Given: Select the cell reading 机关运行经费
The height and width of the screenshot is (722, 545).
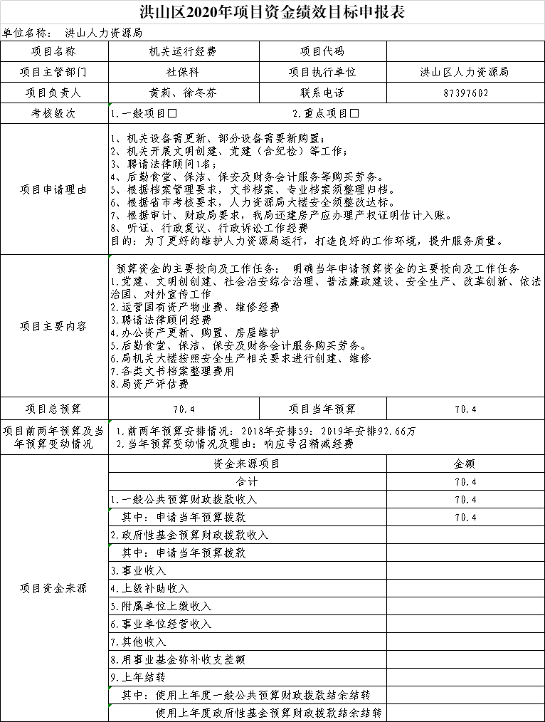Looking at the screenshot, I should point(184,52).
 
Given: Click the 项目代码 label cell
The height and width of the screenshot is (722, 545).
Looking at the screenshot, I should point(322,52).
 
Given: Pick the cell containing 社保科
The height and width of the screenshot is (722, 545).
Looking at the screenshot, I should point(184,73).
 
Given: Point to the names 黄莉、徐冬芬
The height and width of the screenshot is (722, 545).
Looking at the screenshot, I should point(184,93).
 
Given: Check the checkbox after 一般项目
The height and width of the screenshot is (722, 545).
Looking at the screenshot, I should point(172,114).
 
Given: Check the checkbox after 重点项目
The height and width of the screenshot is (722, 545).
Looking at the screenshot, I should point(354,114).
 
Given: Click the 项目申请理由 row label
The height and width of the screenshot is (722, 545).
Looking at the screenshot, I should point(54,189).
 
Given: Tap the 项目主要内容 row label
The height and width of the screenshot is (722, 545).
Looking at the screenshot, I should point(54,326).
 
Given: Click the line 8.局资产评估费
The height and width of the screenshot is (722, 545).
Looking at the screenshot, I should point(149,384).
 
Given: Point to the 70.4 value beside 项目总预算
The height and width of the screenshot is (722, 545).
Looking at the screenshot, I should point(184,409).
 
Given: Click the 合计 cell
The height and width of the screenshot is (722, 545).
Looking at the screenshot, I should point(247,481).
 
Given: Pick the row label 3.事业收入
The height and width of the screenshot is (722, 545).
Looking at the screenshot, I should point(138,570).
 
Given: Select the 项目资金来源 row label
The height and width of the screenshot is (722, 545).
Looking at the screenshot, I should point(54,588).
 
